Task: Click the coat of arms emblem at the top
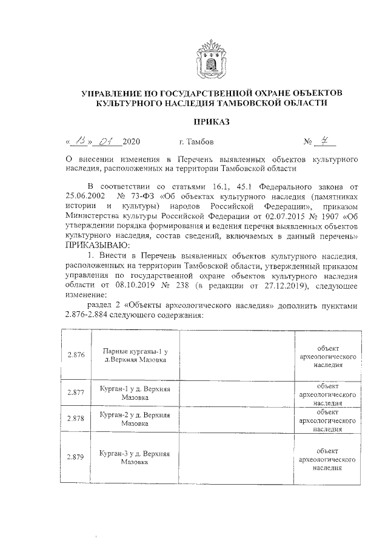[212, 59]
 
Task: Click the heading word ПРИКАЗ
[212, 122]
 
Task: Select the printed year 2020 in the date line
[131, 143]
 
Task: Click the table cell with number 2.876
[75, 355]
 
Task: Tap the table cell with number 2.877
[75, 393]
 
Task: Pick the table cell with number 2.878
[75, 419]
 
